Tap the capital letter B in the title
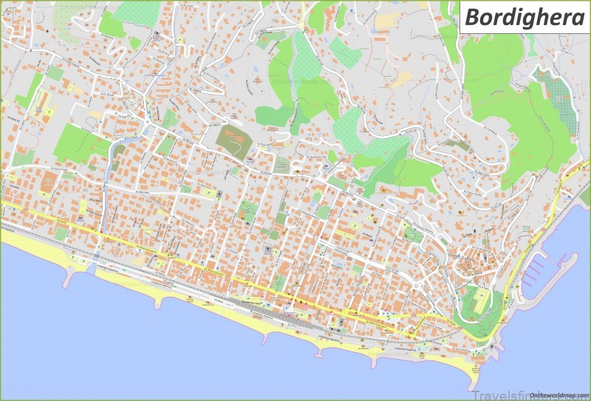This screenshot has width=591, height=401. [x=474, y=18]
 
